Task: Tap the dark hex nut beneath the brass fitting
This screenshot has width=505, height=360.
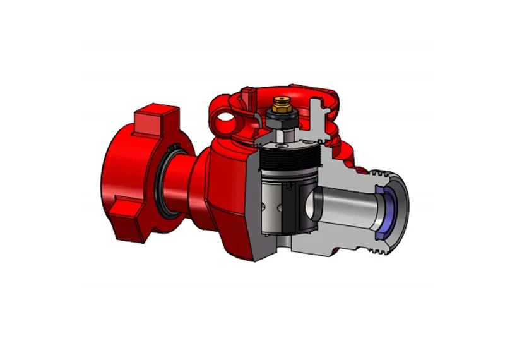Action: coord(280,116)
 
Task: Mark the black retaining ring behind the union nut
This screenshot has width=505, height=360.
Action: coord(172,183)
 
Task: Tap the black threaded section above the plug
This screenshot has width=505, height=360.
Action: coord(291,159)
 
